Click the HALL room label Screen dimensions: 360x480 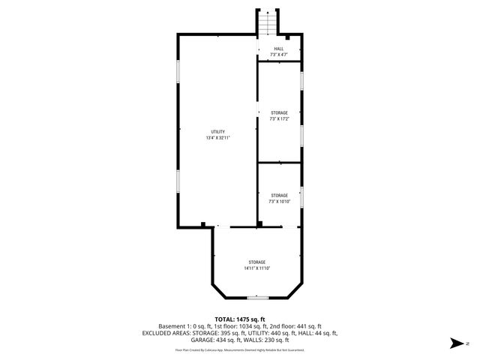pos(278,49)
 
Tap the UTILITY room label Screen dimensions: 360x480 pos(217,132)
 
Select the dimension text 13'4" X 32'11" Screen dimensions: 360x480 pos(217,138)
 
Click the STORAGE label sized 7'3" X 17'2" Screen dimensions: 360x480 pos(279,113)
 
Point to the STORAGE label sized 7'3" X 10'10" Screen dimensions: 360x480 pos(279,195)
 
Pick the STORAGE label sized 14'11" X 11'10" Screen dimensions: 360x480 pos(256,262)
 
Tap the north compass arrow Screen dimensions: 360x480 pos(454,343)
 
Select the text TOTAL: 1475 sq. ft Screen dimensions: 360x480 pos(240,319)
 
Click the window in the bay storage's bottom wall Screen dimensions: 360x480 pos(257,298)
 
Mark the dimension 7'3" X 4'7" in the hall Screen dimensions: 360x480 pos(278,55)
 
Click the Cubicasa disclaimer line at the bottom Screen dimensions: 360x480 pos(240,349)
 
